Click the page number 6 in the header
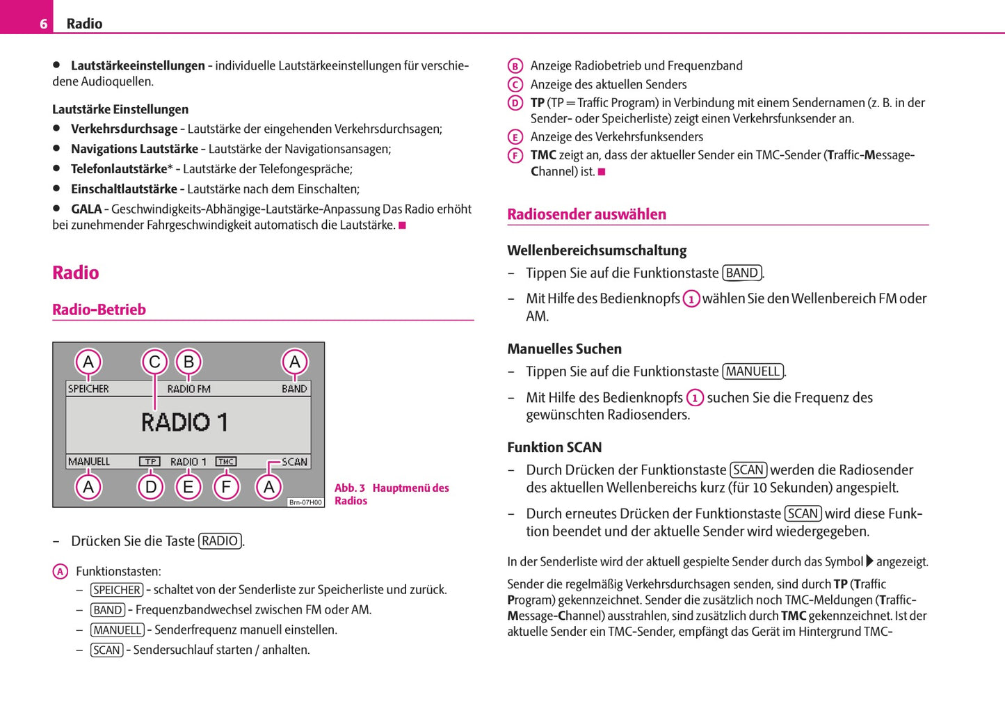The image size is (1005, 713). [43, 24]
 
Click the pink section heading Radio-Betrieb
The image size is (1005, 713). [99, 310]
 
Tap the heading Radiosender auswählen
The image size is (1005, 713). [586, 214]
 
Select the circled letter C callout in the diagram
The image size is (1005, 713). [154, 362]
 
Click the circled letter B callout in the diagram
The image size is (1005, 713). [188, 362]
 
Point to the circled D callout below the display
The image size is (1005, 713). [151, 487]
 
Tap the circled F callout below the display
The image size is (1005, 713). [226, 487]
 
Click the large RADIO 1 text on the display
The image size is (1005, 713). [184, 422]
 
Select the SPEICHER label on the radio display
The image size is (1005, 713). [88, 389]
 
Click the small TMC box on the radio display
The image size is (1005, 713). [225, 461]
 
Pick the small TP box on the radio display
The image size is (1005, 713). [150, 461]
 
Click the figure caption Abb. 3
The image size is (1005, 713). [350, 488]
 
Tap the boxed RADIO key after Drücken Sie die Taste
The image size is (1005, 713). [220, 541]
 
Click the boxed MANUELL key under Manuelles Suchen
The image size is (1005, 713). [753, 371]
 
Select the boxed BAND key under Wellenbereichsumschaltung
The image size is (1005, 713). [741, 273]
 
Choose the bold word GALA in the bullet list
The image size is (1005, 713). [86, 209]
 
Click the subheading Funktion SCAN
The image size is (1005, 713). [554, 447]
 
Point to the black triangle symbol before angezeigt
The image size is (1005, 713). [869, 561]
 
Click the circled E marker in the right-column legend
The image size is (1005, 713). [515, 137]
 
